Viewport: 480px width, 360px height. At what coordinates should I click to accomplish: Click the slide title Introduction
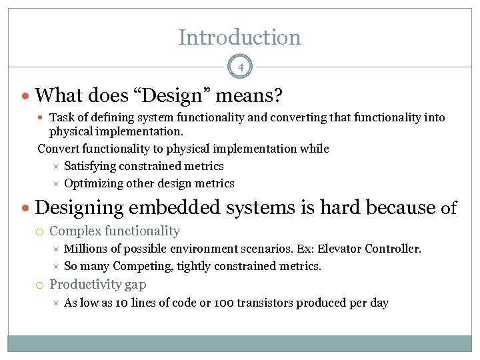coord(239,37)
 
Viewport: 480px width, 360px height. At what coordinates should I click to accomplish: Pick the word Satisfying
coord(92,166)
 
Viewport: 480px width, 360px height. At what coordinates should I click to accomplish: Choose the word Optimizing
coord(94,183)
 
